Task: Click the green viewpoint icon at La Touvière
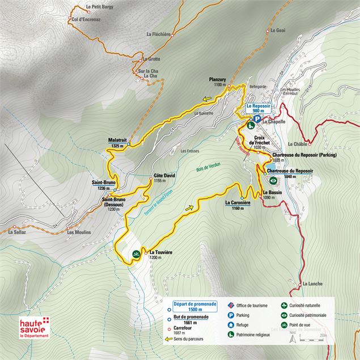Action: (x=136, y=255)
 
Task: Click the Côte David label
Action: (x=164, y=176)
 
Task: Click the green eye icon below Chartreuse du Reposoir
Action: (x=273, y=181)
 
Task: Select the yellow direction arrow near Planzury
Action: (x=207, y=98)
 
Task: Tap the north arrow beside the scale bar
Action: (x=293, y=339)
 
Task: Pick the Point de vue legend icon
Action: (x=283, y=325)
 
